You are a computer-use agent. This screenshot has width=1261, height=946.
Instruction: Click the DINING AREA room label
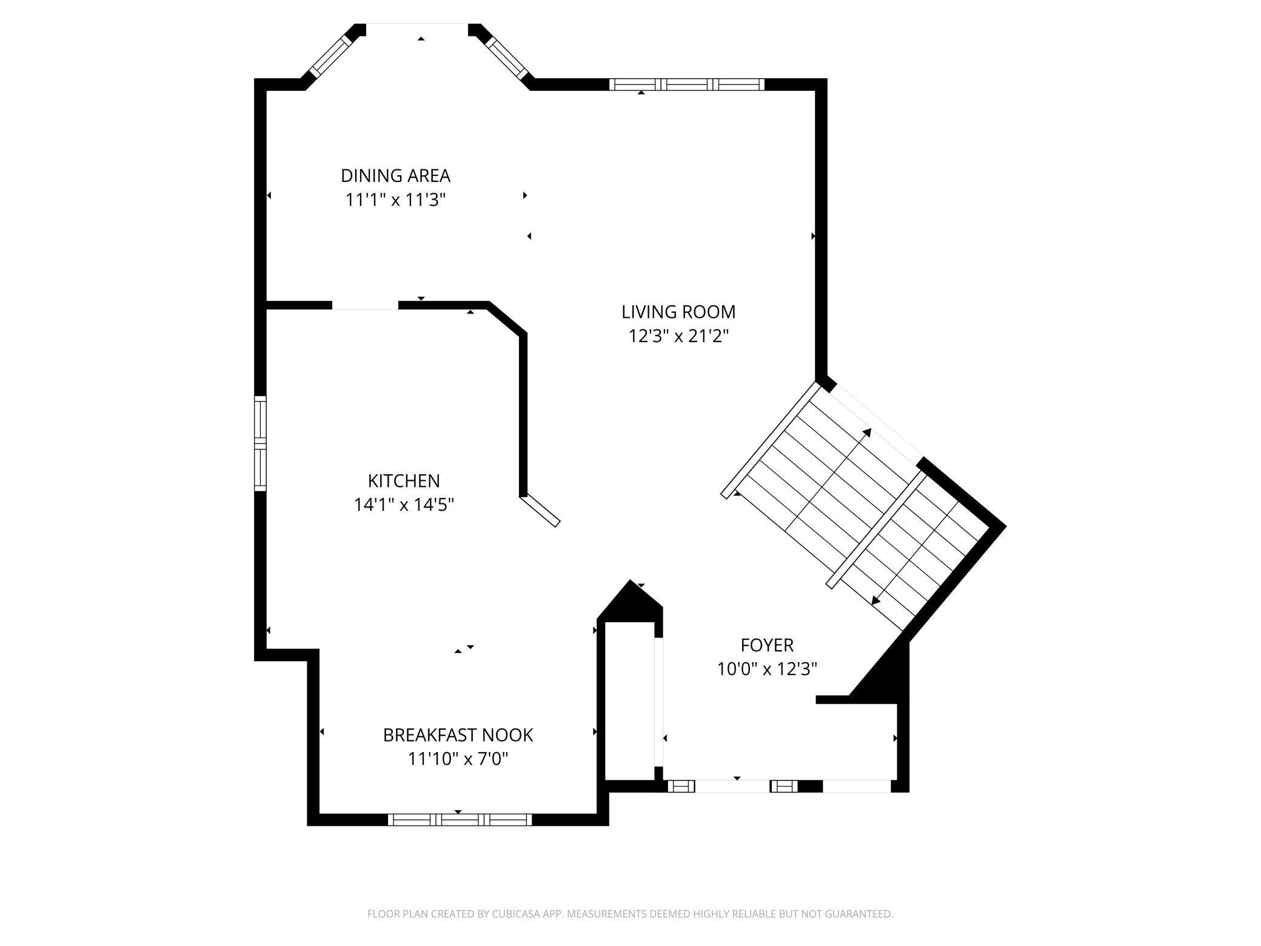click(x=395, y=176)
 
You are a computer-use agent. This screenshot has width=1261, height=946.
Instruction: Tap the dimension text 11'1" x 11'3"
click(x=395, y=200)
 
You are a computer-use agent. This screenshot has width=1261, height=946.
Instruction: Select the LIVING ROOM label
click(x=678, y=312)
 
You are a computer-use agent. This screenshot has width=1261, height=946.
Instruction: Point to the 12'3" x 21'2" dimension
click(x=678, y=336)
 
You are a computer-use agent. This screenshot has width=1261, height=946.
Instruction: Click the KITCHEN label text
click(x=404, y=481)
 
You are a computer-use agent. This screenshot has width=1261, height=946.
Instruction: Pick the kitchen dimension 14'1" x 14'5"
click(x=404, y=505)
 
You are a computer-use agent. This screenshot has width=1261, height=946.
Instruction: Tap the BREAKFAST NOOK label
click(x=458, y=735)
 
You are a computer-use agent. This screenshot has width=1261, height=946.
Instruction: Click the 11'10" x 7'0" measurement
click(x=458, y=759)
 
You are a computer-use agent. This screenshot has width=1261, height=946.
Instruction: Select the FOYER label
click(x=767, y=645)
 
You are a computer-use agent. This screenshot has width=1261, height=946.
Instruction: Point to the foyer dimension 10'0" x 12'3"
click(x=767, y=669)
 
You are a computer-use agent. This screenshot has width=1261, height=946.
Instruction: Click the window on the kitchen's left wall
click(x=260, y=443)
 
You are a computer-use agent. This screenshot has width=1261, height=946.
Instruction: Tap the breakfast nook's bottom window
click(x=460, y=820)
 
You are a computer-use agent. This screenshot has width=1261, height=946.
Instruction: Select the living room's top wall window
click(x=687, y=84)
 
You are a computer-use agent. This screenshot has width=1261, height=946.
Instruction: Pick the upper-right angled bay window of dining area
click(x=507, y=58)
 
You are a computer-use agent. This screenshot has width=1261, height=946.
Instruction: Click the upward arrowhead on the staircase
click(x=867, y=433)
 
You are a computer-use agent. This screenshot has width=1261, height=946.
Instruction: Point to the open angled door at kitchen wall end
click(x=540, y=510)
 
